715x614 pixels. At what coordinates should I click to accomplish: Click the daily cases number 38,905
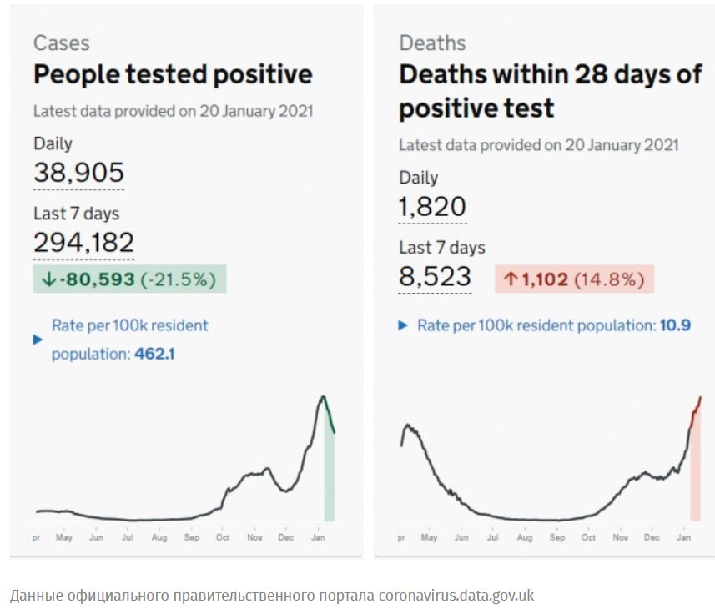[x=78, y=173]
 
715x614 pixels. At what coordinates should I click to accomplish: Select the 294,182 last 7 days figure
[x=83, y=242]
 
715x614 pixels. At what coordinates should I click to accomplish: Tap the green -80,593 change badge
[x=129, y=279]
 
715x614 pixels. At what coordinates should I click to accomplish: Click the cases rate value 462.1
[x=154, y=354]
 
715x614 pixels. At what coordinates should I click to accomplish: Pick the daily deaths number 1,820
[x=432, y=206]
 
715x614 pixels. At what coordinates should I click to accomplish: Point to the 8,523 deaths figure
[x=435, y=276]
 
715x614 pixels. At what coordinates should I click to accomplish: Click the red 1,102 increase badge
[x=574, y=279]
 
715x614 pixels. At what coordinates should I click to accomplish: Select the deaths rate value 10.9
[x=676, y=325]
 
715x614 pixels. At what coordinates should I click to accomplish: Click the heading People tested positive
[x=173, y=74]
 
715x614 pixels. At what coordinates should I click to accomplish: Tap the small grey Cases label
[x=61, y=43]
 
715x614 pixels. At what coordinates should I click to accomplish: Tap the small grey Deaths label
[x=432, y=43]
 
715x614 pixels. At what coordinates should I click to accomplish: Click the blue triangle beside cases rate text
[x=38, y=340]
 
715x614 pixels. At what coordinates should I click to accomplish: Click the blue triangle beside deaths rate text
[x=404, y=325]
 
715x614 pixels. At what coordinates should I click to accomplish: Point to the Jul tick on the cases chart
[x=128, y=538]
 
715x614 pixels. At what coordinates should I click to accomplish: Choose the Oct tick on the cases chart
[x=223, y=538]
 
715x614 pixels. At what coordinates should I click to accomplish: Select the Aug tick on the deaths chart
[x=525, y=538]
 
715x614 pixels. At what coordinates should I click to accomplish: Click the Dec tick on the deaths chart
[x=652, y=538]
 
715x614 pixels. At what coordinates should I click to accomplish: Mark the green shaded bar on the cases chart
[x=330, y=476]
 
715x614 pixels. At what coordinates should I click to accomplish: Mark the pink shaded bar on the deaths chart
[x=695, y=476]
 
